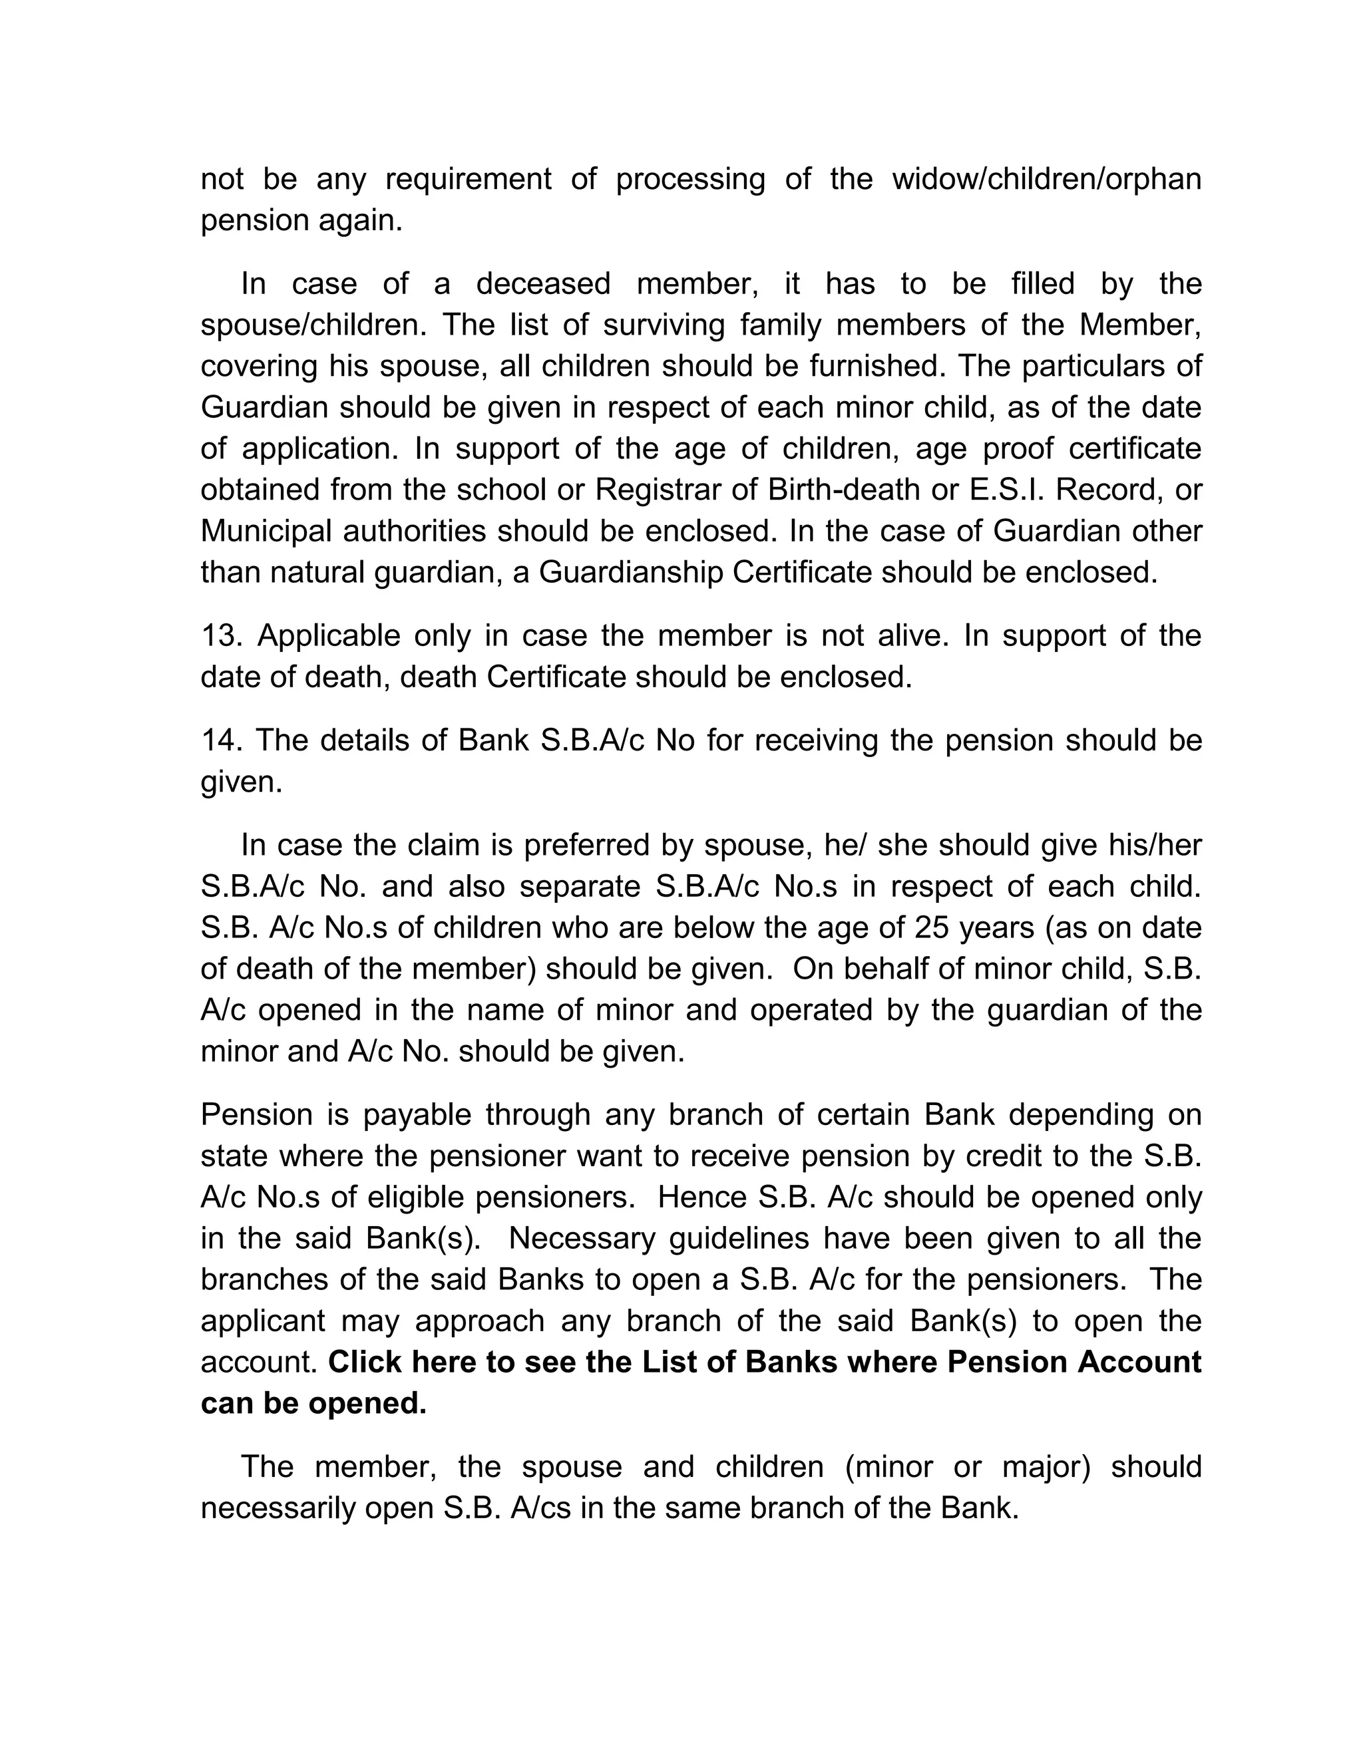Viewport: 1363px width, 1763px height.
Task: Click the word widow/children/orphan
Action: (1046, 179)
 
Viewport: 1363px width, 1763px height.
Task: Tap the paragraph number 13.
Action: (220, 635)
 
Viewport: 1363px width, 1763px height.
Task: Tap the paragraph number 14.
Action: (220, 740)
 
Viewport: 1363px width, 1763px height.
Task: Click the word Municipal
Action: (266, 531)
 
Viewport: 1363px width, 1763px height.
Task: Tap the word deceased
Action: (542, 284)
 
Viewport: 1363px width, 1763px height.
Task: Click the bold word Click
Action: (365, 1362)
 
